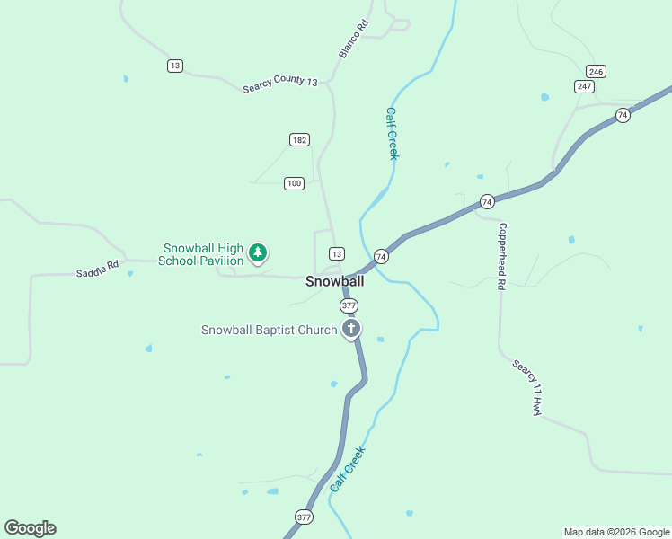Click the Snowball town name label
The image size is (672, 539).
(334, 281)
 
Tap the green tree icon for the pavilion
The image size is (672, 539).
(259, 253)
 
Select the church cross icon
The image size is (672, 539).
(351, 329)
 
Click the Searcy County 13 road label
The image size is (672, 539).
(280, 83)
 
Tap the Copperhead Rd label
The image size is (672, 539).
(502, 256)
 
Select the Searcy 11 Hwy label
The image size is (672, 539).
(527, 387)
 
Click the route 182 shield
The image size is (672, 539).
(300, 139)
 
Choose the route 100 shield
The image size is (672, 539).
(294, 183)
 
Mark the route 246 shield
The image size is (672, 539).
(595, 71)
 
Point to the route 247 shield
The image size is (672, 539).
(585, 86)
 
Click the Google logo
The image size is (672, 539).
(30, 528)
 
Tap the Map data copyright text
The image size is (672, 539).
(616, 532)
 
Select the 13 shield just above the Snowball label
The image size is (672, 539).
(336, 253)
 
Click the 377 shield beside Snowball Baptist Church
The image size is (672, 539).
(349, 305)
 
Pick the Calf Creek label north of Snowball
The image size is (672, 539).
(392, 134)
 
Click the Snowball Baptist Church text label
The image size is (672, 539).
(269, 330)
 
